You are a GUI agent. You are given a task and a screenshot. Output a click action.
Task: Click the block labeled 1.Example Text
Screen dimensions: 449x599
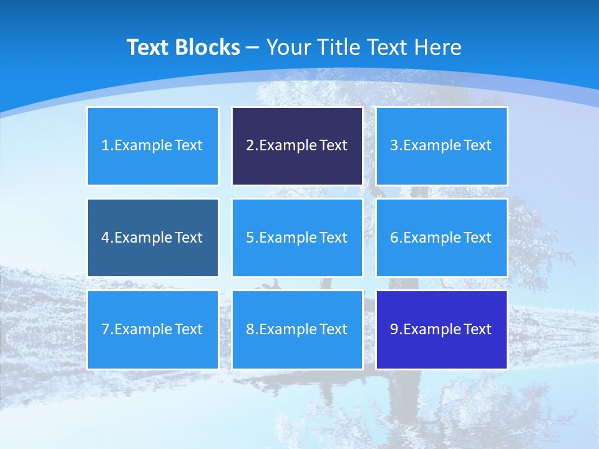(x=153, y=146)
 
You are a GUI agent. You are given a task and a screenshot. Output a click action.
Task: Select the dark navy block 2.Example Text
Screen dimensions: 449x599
(x=297, y=146)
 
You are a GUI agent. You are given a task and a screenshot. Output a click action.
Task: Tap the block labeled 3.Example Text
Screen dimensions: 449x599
(x=441, y=146)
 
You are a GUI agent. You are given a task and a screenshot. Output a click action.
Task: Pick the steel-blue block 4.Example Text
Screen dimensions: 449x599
(x=153, y=238)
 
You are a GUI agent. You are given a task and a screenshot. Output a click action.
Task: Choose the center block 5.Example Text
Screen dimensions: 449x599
(x=297, y=238)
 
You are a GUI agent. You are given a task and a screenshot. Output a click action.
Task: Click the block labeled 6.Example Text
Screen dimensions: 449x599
(x=441, y=238)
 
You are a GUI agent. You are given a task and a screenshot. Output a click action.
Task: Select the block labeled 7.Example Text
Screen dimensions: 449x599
(x=153, y=329)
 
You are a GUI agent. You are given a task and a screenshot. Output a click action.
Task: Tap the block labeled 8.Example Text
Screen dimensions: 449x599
(x=297, y=329)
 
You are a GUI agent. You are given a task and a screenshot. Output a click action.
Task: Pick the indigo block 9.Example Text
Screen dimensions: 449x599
(x=441, y=329)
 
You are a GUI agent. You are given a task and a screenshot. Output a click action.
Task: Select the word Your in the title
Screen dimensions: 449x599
(x=288, y=47)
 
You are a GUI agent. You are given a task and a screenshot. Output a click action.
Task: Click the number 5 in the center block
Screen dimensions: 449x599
(x=250, y=238)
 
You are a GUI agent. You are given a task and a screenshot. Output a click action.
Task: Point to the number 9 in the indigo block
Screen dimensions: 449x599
(x=394, y=329)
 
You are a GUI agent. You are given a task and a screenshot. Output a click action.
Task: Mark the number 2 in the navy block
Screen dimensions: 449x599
(x=250, y=146)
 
